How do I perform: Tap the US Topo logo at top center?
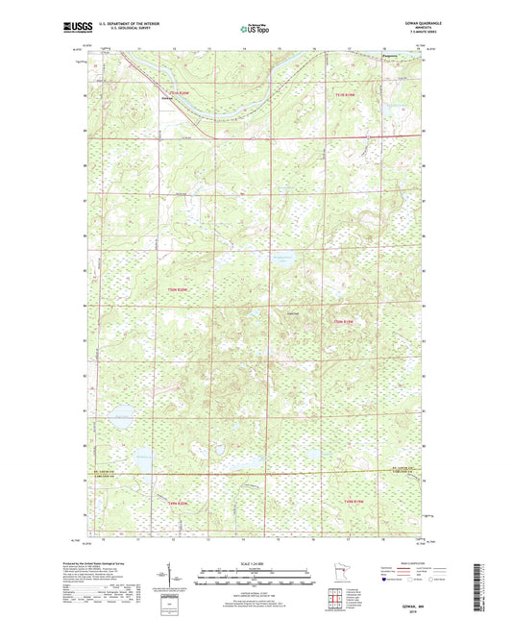click(x=255, y=30)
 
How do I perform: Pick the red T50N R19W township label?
click(x=344, y=321)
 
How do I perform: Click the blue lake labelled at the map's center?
click(x=284, y=261)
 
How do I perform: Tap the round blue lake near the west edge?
click(x=122, y=416)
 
